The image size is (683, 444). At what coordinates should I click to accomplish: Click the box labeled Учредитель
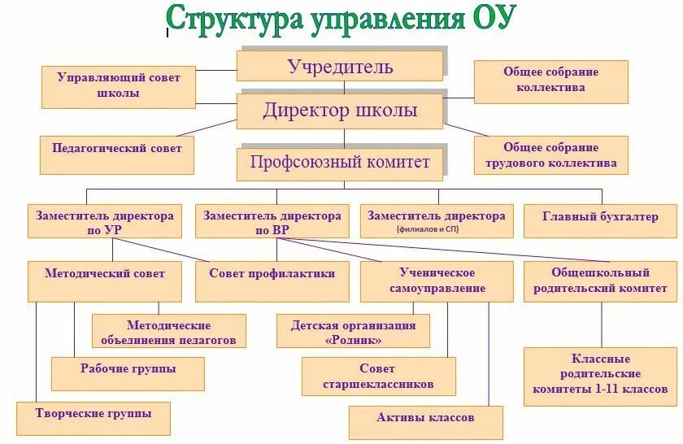coord(340,66)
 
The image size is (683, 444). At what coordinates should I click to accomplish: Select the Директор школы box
coord(340,111)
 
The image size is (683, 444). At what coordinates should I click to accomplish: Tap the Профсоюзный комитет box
coord(340,163)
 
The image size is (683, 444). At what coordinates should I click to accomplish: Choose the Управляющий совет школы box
coord(119,86)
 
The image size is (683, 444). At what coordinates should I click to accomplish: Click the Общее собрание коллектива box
coord(550,81)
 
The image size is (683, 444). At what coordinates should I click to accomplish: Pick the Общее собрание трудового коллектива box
coord(550,155)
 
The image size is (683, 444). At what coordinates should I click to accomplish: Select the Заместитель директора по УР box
coord(104,222)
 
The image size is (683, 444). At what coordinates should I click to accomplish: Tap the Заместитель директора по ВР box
coord(272,222)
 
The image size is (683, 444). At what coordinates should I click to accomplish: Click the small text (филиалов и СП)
coord(436,230)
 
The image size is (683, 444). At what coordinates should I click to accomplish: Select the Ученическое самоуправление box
coord(437,281)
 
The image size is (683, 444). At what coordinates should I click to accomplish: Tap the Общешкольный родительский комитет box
coord(600,281)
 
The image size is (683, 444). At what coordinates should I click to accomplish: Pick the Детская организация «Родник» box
coord(353,332)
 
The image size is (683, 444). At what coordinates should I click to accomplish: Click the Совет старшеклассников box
coord(377,376)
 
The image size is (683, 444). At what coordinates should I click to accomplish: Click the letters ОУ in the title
coord(488,18)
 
